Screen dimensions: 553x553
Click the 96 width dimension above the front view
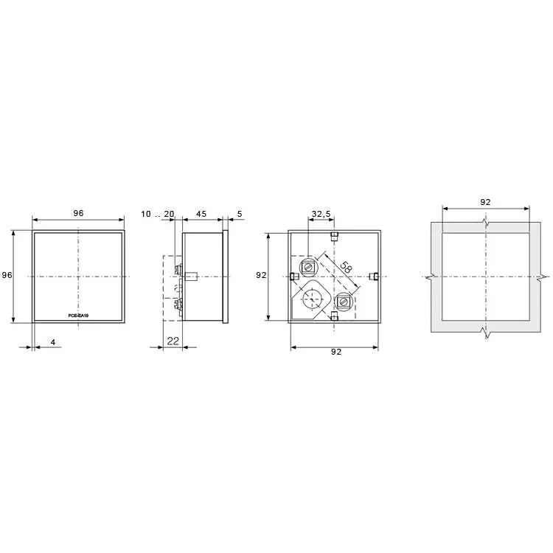point(78,213)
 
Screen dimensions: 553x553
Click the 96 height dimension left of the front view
point(7,275)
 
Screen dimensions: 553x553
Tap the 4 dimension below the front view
point(53,342)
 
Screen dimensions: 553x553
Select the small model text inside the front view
point(78,316)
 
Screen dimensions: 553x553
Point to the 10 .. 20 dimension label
point(158,214)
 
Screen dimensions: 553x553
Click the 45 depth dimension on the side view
point(201,214)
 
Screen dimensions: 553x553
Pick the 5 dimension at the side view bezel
point(240,214)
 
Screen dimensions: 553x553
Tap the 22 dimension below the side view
point(173,341)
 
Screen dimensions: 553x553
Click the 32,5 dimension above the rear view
point(321,214)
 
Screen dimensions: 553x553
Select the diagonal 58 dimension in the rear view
point(346,268)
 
